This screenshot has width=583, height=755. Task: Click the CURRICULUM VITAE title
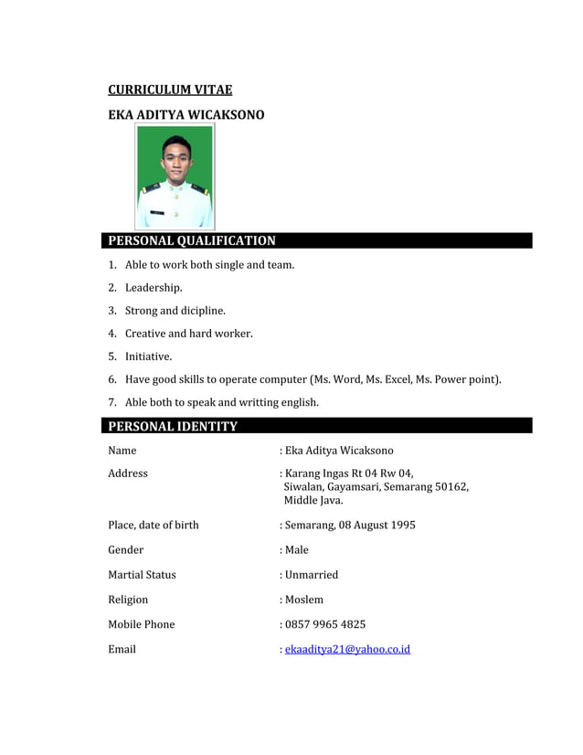pos(170,90)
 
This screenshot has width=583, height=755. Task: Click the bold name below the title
pos(185,115)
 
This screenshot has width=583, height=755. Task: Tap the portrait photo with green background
pos(175,176)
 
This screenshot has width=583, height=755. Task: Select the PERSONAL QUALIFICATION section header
pos(192,241)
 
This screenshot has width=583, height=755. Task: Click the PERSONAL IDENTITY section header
pos(173,426)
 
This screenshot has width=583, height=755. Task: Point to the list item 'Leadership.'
pos(154,288)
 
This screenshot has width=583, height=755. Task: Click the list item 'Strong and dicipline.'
pos(175,311)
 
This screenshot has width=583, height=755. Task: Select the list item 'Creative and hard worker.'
pos(188,334)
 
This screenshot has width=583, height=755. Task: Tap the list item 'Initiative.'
pos(148,356)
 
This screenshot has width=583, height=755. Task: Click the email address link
pos(347,649)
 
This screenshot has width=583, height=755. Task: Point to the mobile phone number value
pos(325,624)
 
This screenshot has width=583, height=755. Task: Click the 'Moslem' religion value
pos(304,600)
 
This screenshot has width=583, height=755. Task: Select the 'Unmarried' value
pos(312,575)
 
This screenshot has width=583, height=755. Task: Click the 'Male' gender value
pos(297,550)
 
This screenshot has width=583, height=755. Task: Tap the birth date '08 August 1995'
pos(377,525)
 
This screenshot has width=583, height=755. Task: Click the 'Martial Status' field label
pos(142,575)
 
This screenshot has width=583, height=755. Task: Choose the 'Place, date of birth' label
pos(153,525)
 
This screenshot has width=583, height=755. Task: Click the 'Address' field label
pos(128,473)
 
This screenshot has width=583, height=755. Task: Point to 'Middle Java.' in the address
pos(313,500)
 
